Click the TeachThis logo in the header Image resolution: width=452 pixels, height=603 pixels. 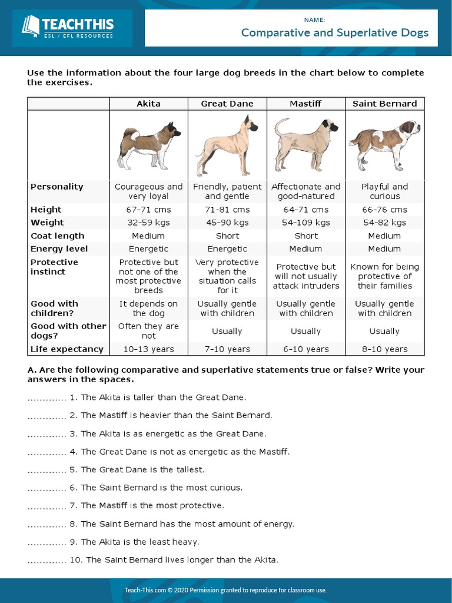[67, 28]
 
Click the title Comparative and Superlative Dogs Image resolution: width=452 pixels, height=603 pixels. [334, 32]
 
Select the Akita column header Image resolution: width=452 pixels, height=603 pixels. [148, 104]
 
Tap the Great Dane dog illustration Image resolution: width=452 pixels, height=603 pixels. [226, 145]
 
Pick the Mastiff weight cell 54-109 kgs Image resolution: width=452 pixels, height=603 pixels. [305, 223]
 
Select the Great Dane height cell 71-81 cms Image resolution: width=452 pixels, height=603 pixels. [227, 210]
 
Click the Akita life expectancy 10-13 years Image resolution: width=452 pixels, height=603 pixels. [148, 349]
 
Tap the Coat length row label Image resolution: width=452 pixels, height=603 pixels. [57, 236]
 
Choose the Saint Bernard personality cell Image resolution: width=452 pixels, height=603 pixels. [384, 191]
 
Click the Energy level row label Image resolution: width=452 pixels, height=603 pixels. [59, 249]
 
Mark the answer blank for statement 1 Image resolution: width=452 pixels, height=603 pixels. [46, 398]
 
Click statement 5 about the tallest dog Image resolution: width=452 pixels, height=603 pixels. [142, 470]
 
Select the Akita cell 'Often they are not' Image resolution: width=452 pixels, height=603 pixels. [148, 331]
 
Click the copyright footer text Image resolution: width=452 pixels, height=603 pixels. [225, 590]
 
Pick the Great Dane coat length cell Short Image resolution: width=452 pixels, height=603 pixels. [227, 236]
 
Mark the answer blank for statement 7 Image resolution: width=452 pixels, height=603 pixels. [46, 506]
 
